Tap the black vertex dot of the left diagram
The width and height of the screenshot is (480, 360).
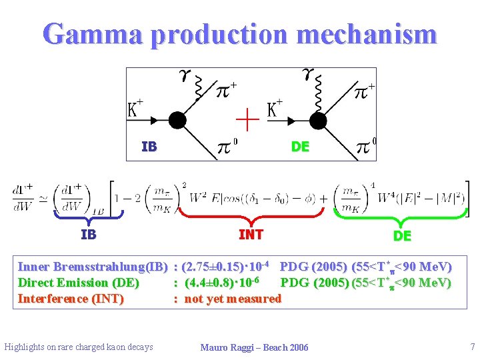click(177, 120)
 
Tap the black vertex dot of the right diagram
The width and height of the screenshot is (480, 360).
click(318, 120)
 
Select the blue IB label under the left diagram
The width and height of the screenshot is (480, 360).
click(149, 147)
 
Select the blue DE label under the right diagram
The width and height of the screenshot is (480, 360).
click(300, 147)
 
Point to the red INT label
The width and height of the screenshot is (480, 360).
click(251, 235)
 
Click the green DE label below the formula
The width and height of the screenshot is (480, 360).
click(402, 236)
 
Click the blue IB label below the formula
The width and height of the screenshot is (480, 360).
click(88, 235)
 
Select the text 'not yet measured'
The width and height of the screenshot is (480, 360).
click(233, 299)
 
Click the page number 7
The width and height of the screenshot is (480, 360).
click(472, 347)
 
